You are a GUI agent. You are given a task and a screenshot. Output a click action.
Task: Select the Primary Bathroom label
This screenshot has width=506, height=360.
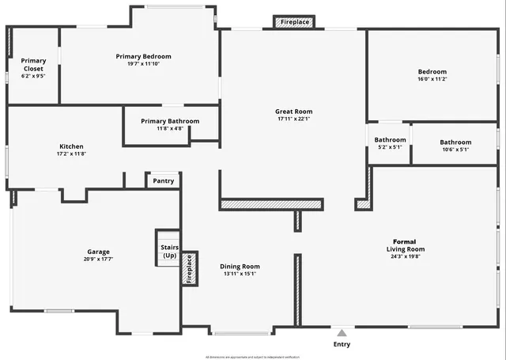click(170, 121)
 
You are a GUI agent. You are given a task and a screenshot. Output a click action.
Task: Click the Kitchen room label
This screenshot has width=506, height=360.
click(71, 146)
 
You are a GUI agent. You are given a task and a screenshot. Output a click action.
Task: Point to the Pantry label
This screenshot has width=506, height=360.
click(164, 181)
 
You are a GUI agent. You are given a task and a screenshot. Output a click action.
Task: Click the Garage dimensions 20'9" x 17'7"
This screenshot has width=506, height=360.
click(99, 260)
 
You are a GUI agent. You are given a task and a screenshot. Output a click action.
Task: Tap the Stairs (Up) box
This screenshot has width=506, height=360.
click(169, 252)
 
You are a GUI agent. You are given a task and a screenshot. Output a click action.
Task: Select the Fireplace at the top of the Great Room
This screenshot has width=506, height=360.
click(295, 22)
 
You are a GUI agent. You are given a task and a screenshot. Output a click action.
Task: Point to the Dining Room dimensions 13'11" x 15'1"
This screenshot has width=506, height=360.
click(240, 276)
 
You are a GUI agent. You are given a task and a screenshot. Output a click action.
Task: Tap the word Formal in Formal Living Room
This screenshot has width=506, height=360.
click(405, 241)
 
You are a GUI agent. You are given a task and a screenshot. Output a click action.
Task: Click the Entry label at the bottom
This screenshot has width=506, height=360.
click(342, 344)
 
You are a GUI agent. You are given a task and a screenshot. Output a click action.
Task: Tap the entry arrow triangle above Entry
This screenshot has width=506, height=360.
click(342, 332)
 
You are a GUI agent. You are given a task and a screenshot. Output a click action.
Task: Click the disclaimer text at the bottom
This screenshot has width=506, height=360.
click(253, 357)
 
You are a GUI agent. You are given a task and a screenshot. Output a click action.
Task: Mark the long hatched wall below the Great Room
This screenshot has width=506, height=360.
click(271, 204)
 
